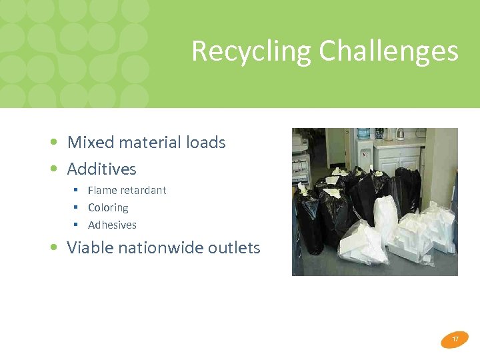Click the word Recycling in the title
(251, 51)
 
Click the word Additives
(101, 169)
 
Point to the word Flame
(101, 190)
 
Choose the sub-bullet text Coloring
(108, 207)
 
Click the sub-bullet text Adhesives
(112, 225)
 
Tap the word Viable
(90, 247)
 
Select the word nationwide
(160, 247)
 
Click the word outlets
(233, 247)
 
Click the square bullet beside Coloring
(76, 207)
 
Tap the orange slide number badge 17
(455, 339)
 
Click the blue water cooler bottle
(363, 134)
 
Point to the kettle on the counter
(399, 133)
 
